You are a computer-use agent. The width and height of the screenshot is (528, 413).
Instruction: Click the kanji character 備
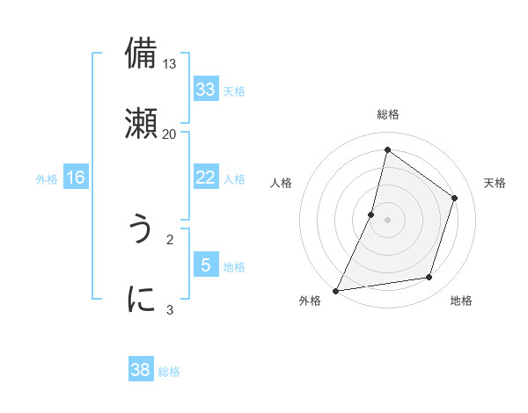point(142,54)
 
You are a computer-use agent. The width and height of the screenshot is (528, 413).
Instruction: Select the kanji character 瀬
point(142,123)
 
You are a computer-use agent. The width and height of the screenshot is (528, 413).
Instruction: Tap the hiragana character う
point(141,229)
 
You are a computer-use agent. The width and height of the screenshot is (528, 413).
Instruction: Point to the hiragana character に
point(142,299)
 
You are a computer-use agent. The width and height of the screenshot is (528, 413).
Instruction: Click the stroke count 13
point(170,64)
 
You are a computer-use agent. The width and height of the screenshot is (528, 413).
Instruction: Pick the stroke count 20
point(169,134)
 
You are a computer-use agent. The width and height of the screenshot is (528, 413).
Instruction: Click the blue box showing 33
point(205,90)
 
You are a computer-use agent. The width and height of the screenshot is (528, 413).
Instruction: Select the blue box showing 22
point(205,178)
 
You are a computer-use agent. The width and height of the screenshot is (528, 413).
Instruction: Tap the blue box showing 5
point(205,264)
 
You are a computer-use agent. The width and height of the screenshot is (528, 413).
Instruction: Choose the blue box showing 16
point(76,178)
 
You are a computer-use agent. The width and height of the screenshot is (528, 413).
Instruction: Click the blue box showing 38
point(141,370)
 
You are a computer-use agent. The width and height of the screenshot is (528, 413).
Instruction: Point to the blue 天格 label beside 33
point(234,91)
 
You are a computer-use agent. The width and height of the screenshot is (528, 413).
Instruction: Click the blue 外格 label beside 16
point(47,178)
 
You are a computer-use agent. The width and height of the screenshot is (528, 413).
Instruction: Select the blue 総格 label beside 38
point(169,371)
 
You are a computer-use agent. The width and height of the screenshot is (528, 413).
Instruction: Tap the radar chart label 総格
point(388,114)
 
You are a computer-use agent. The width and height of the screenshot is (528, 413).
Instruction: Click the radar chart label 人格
point(282,183)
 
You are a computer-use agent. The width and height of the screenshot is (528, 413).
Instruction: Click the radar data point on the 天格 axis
point(455,198)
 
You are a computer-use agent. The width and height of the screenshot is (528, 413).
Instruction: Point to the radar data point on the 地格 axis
point(429,278)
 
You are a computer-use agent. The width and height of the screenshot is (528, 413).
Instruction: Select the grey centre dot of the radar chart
point(388,220)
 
